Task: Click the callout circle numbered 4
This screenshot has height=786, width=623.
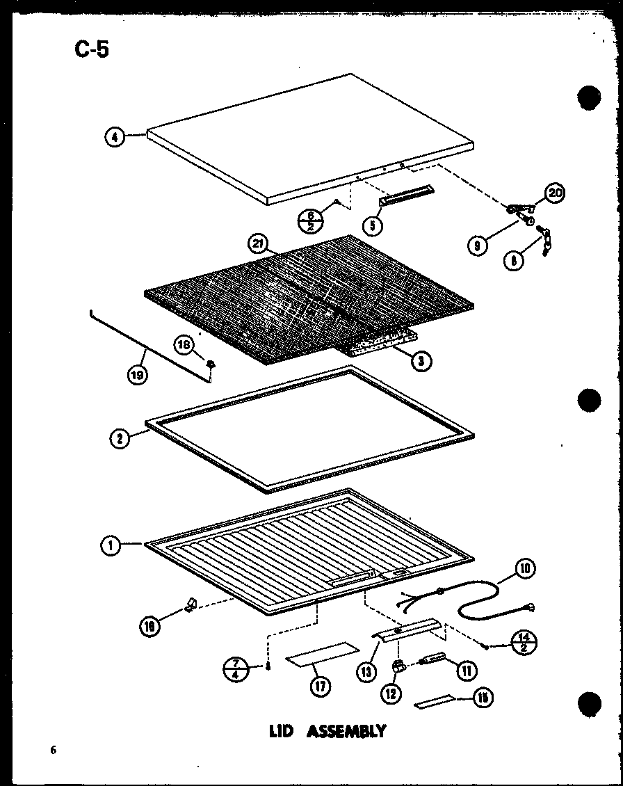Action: tap(115, 138)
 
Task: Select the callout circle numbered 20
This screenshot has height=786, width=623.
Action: tap(555, 193)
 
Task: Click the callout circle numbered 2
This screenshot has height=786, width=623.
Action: tap(120, 440)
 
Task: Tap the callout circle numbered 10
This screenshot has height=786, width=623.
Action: tap(525, 570)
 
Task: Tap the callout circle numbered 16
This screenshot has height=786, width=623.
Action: tap(149, 626)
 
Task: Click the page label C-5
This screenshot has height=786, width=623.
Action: tap(91, 50)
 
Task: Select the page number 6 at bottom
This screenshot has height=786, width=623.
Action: tap(52, 750)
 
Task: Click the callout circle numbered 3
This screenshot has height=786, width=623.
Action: tap(420, 360)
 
